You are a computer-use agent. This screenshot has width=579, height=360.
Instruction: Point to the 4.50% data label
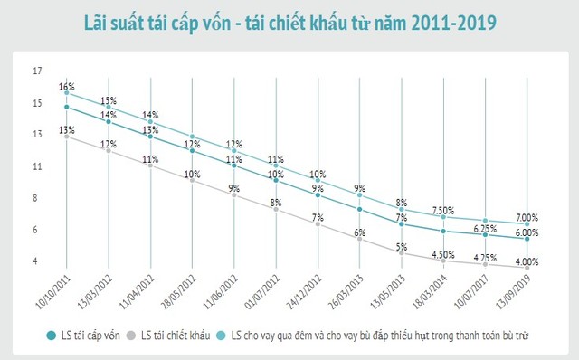pos(443,254)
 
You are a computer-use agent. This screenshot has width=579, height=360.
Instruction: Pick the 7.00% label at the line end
pos(527,218)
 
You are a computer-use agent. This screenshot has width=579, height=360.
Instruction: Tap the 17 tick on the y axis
pos(37,71)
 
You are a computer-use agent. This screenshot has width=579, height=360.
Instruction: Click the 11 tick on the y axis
pos(37,166)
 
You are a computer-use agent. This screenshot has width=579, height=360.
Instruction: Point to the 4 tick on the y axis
pos(35,262)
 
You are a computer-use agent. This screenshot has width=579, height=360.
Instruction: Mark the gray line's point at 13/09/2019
pos(527,269)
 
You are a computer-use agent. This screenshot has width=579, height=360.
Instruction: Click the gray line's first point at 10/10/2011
pos(67,137)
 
